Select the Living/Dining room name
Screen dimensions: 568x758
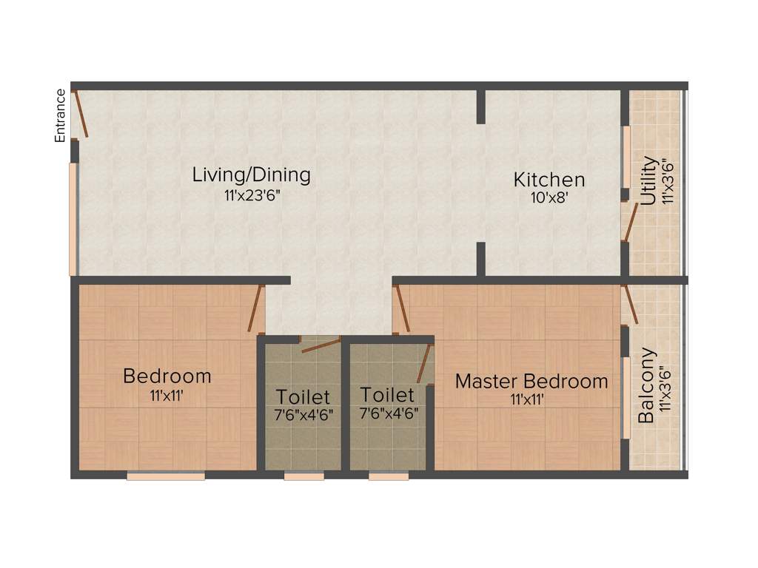[x=251, y=175]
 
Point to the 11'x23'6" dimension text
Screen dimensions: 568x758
[x=251, y=195]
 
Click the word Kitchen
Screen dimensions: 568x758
[x=549, y=180]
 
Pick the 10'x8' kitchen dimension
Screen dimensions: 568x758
[x=549, y=198]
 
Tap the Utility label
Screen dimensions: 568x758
[x=649, y=180]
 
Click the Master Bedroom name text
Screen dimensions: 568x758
[x=531, y=382]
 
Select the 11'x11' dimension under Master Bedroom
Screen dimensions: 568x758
[x=531, y=400]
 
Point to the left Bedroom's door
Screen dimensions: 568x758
[x=256, y=309]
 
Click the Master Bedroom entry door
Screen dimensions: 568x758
[x=402, y=309]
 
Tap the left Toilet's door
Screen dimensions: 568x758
[x=320, y=345]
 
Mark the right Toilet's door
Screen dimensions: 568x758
[x=424, y=363]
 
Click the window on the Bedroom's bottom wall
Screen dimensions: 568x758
[x=166, y=476]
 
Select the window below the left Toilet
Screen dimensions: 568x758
[x=303, y=476]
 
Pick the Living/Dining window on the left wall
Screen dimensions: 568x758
[x=73, y=219]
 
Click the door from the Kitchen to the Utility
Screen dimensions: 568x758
[x=629, y=222]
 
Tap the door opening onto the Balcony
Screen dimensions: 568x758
[x=631, y=305]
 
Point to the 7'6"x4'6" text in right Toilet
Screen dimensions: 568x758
[x=389, y=414]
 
